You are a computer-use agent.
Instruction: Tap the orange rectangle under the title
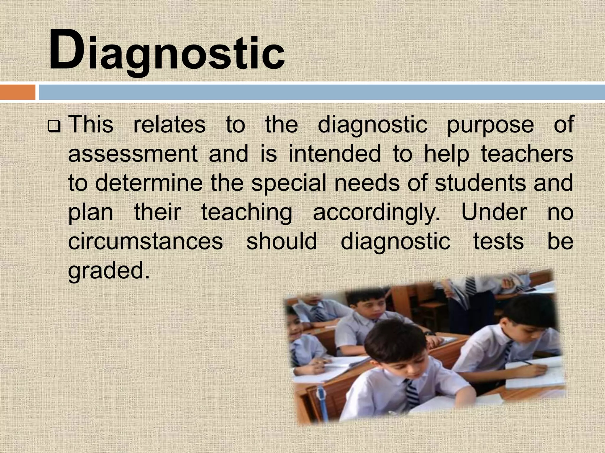coord(17,92)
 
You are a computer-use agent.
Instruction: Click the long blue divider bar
coord(322,92)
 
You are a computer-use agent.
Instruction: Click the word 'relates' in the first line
coord(169,125)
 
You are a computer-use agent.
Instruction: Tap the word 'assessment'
coord(133,154)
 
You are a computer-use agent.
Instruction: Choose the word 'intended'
coord(334,154)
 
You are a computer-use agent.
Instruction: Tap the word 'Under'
coord(494,212)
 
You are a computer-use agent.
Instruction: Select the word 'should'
coord(282,241)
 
